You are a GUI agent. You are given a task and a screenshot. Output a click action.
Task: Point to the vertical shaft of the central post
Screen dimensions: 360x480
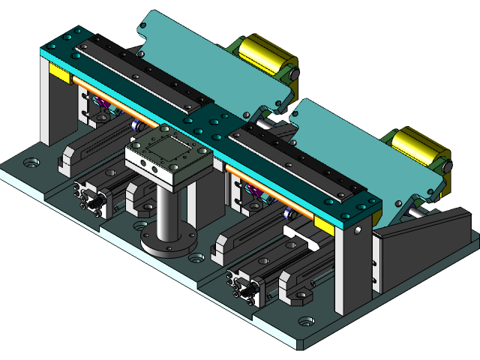(x=168, y=210)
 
